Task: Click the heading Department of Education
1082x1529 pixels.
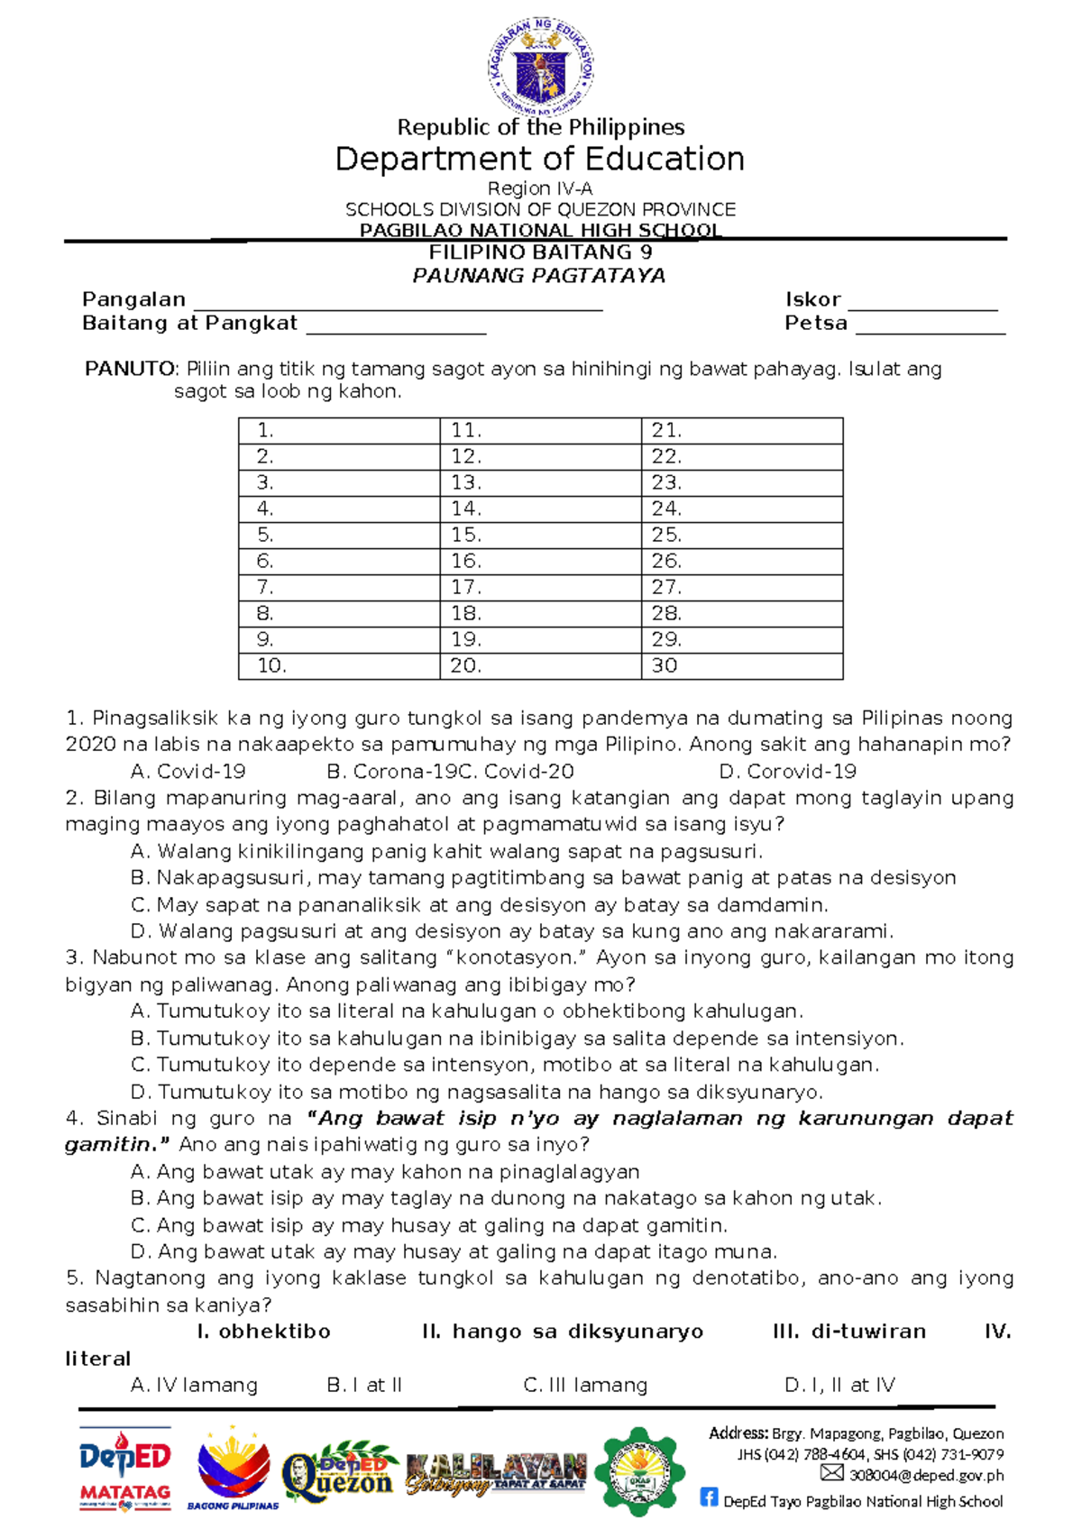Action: (x=539, y=160)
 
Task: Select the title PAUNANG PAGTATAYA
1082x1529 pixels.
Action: (x=539, y=276)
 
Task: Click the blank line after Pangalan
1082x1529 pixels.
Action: (x=398, y=302)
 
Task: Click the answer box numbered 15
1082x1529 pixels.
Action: (x=540, y=535)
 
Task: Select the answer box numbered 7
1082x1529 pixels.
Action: (x=338, y=587)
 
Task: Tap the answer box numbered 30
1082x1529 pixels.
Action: (x=741, y=665)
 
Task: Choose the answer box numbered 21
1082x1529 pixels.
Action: (x=741, y=430)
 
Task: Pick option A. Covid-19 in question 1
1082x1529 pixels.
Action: (x=188, y=772)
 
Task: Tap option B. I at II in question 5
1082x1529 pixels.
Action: (x=364, y=1385)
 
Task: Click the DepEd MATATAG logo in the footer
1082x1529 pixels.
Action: (x=125, y=1468)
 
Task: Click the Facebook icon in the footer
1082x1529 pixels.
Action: (x=710, y=1497)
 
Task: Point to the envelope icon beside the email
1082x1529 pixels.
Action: (x=832, y=1473)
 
